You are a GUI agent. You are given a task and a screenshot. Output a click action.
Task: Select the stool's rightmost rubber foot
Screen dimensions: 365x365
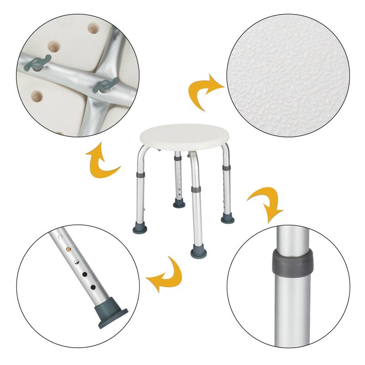tap(227, 219)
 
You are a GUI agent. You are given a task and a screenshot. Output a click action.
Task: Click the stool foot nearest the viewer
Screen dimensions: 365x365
tap(198, 250)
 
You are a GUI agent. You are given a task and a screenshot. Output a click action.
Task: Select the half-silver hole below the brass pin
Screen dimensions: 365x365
tap(77, 261)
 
